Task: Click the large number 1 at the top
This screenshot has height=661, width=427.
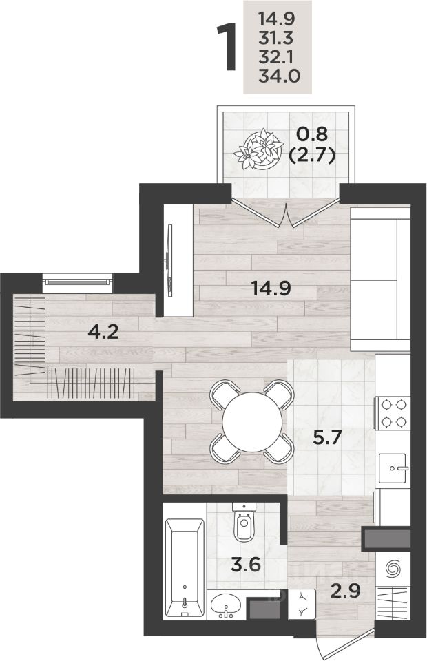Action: [226, 48]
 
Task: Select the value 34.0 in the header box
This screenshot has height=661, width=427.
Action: [279, 76]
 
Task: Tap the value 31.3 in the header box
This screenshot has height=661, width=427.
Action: [275, 39]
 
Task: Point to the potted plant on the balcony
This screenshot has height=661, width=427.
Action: [259, 149]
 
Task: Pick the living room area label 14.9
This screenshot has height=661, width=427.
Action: [271, 288]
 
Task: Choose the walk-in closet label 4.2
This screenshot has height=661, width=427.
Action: [103, 332]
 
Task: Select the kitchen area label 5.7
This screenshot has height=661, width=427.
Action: [327, 439]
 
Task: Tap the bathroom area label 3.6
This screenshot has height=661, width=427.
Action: [246, 564]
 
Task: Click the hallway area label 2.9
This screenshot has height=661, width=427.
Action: [345, 591]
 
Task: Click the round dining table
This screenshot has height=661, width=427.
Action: [252, 422]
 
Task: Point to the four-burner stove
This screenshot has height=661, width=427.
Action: [393, 412]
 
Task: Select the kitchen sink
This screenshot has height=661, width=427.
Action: [392, 468]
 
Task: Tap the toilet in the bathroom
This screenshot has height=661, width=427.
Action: [244, 523]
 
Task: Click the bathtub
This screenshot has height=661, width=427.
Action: [185, 568]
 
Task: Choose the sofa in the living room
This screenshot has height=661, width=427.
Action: [380, 279]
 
